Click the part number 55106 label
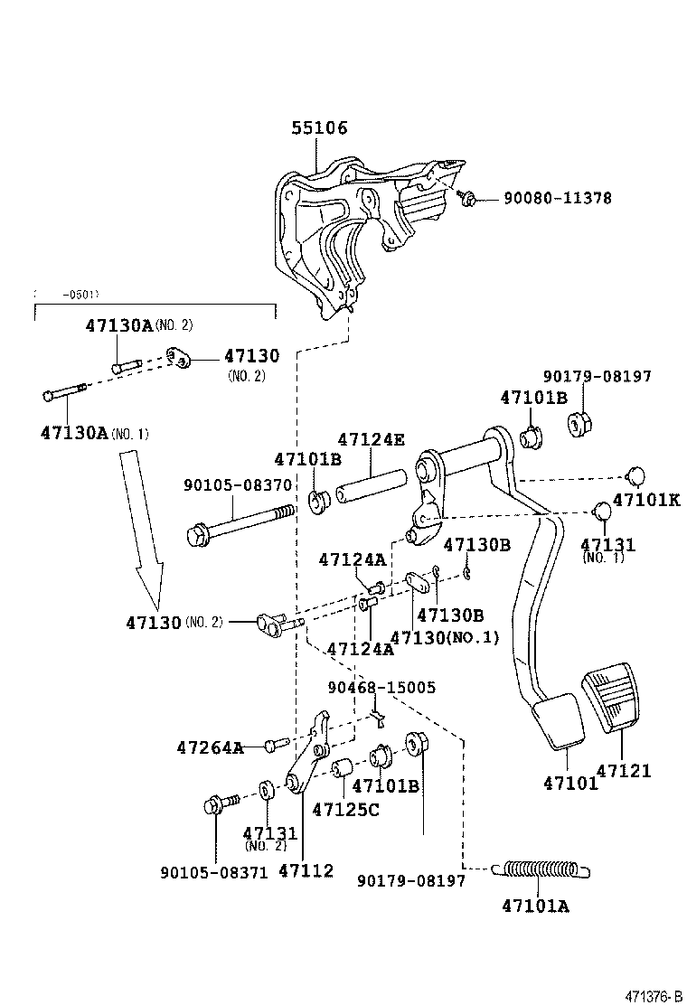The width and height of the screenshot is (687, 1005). [x=319, y=129]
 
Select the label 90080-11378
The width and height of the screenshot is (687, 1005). [x=557, y=198]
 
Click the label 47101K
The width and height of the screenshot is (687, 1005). [x=645, y=499]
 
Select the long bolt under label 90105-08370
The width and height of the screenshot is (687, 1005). [x=239, y=524]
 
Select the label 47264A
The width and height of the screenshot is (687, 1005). [x=210, y=747]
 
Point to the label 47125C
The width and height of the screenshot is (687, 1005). [x=345, y=810]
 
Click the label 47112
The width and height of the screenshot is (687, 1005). [x=306, y=871]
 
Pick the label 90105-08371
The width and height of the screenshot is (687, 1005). [x=214, y=872]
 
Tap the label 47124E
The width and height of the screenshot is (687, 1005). [x=371, y=440]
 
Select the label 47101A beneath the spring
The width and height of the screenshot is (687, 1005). [x=535, y=905]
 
